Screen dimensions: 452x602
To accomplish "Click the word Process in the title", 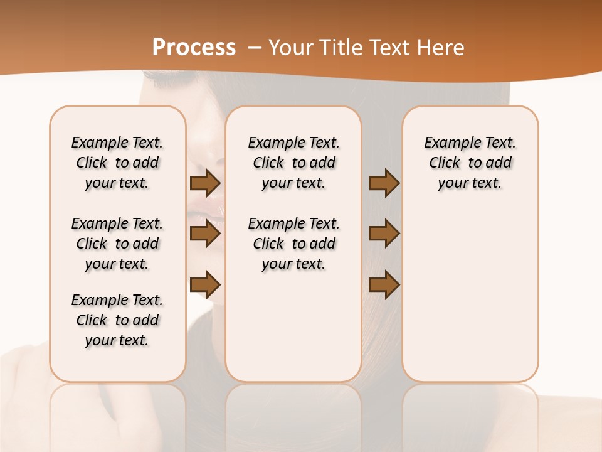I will (x=194, y=48).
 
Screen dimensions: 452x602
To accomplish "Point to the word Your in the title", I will (x=291, y=48).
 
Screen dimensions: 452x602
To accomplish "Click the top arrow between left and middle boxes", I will (x=205, y=183).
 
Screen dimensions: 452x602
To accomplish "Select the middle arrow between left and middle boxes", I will (x=205, y=234).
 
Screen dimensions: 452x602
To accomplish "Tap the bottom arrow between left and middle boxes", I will (x=205, y=285).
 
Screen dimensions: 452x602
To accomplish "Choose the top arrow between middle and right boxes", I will (x=384, y=183).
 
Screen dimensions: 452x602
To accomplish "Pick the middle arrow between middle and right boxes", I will (x=384, y=234).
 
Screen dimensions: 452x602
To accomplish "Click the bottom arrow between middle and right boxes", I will (x=384, y=285).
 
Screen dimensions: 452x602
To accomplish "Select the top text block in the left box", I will (x=117, y=163).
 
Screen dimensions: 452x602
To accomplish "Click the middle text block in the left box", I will (x=117, y=244).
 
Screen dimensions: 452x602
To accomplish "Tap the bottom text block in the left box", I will (x=117, y=320).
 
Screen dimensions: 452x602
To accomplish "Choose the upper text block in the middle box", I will (x=293, y=163).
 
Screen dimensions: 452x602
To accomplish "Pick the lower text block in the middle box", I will (x=293, y=244).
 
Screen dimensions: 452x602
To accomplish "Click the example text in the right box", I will (x=470, y=163).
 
